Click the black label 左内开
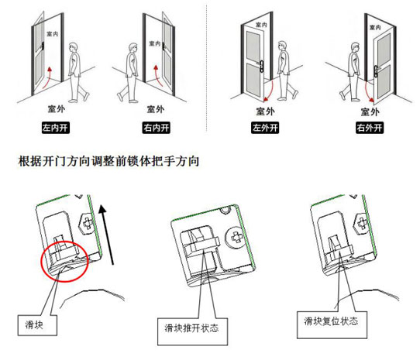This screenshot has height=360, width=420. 56,128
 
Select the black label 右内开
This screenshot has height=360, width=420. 157,128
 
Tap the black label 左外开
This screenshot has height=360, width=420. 265,128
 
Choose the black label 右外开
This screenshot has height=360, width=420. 370,128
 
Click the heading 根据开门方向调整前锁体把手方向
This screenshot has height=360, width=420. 108,161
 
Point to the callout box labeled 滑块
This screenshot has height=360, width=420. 37,325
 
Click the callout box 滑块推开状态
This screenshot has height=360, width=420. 193,331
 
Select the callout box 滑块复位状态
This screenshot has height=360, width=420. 332,324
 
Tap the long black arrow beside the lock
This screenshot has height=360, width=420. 106,235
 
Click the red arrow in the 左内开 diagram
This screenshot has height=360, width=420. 46,79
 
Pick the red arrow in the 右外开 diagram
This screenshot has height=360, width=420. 368,91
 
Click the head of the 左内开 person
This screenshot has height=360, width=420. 73,48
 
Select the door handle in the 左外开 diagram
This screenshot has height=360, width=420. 261,66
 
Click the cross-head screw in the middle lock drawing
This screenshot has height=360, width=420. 235,237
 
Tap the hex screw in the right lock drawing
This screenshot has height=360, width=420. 362,223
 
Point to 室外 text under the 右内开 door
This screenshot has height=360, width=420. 156,109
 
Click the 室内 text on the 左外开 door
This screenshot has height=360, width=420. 261,25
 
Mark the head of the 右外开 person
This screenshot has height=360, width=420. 355,48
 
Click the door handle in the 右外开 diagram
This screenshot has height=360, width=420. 377,71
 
